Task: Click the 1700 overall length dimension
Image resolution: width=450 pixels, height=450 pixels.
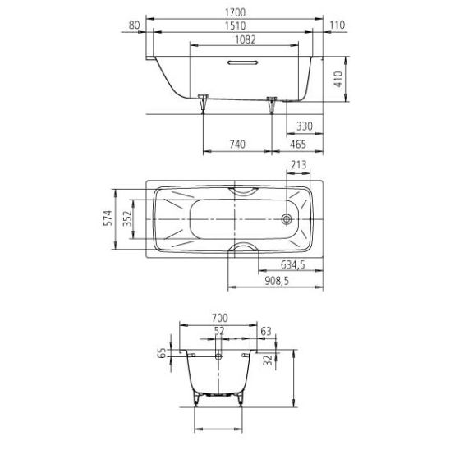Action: click(235, 12)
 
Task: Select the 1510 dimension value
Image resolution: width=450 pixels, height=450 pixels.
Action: click(235, 25)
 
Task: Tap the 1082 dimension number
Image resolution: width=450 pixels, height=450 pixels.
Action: click(245, 39)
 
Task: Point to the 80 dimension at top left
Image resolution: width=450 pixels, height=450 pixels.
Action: click(134, 25)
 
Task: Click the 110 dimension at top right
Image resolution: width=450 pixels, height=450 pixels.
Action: click(337, 25)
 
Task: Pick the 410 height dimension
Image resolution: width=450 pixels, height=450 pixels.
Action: click(338, 79)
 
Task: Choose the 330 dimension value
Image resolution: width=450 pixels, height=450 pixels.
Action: click(305, 126)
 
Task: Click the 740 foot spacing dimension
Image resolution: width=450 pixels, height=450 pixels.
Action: click(237, 145)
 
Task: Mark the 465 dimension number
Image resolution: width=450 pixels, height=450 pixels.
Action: click(298, 145)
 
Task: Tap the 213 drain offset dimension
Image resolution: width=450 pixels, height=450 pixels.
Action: click(298, 165)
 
